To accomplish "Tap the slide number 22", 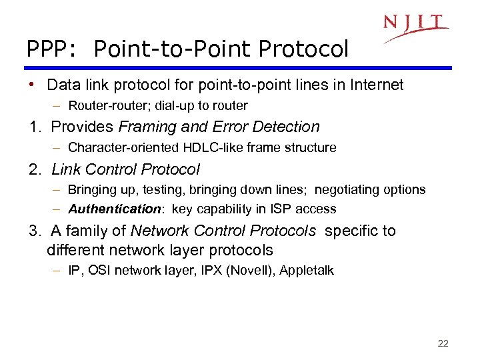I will click(x=443, y=344).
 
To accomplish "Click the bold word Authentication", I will click(x=114, y=209).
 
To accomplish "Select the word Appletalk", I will click(x=307, y=271).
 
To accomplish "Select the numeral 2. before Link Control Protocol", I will click(x=34, y=170).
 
